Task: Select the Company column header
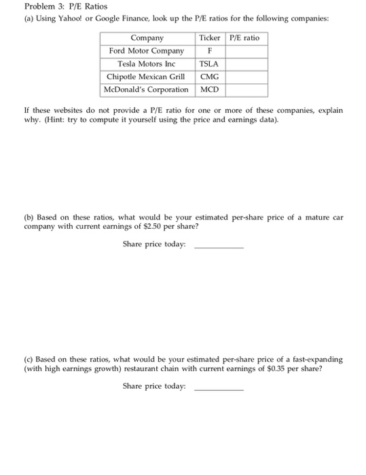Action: pyautogui.click(x=147, y=38)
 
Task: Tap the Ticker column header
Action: pyautogui.click(x=209, y=38)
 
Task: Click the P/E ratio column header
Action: pyautogui.click(x=244, y=38)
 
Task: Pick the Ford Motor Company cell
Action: pyautogui.click(x=147, y=51)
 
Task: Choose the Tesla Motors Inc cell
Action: pyautogui.click(x=147, y=64)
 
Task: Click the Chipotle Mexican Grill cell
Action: pyautogui.click(x=147, y=77)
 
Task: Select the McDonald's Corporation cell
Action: pyautogui.click(x=147, y=90)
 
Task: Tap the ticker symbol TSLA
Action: pyautogui.click(x=209, y=64)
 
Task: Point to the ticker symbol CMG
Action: pyautogui.click(x=209, y=77)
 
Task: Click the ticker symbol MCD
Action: pyautogui.click(x=209, y=90)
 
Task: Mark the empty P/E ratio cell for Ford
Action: pyautogui.click(x=245, y=51)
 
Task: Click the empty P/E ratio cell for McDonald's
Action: pyautogui.click(x=245, y=90)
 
